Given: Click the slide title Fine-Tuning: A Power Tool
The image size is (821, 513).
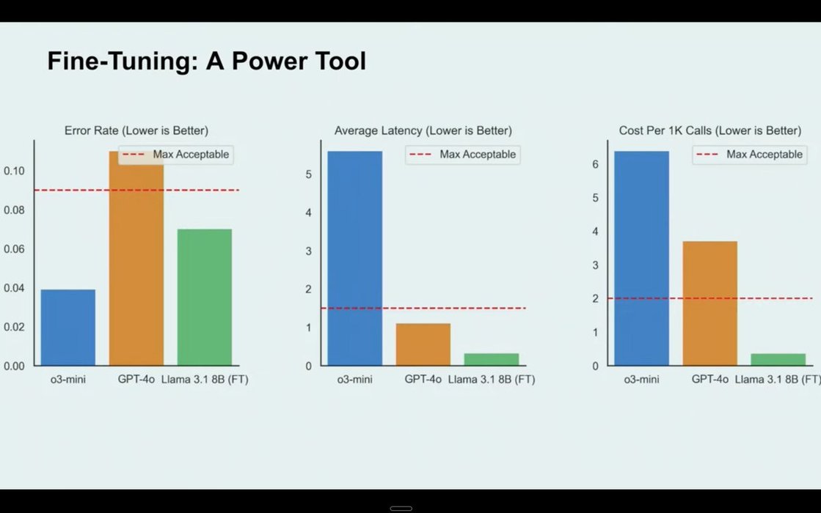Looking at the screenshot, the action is click(206, 61).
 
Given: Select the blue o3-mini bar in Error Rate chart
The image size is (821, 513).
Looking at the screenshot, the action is click(68, 328).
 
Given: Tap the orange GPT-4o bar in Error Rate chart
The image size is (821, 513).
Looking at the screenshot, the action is click(136, 258).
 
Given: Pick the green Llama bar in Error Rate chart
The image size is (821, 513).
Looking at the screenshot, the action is click(205, 297).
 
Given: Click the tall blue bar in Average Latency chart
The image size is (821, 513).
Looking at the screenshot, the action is click(355, 258).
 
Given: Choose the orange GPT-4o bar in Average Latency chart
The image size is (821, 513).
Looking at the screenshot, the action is click(423, 344).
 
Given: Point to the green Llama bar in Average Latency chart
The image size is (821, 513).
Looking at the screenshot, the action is click(492, 359).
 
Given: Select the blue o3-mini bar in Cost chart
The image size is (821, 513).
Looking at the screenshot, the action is click(641, 258).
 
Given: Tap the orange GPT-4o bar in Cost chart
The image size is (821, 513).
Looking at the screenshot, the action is click(710, 303).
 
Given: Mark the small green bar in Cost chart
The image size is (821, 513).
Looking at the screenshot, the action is click(778, 359).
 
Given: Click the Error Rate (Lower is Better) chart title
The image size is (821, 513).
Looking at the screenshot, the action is click(136, 130).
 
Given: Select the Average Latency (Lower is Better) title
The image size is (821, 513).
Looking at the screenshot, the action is click(423, 130).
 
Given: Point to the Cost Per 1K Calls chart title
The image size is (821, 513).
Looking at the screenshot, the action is click(710, 130).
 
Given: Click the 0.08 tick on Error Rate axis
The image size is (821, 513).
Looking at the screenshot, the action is click(14, 210).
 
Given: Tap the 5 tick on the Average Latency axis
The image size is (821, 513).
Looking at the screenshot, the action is click(308, 174).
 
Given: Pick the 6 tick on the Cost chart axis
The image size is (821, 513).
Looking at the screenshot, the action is click(595, 164).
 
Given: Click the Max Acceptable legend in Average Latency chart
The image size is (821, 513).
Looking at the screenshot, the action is click(463, 154).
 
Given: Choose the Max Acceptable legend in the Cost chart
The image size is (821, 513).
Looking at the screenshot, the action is click(750, 154).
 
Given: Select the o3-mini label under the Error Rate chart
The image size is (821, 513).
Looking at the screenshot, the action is click(68, 379).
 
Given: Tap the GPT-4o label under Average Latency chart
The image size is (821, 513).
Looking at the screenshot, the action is click(423, 379).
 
